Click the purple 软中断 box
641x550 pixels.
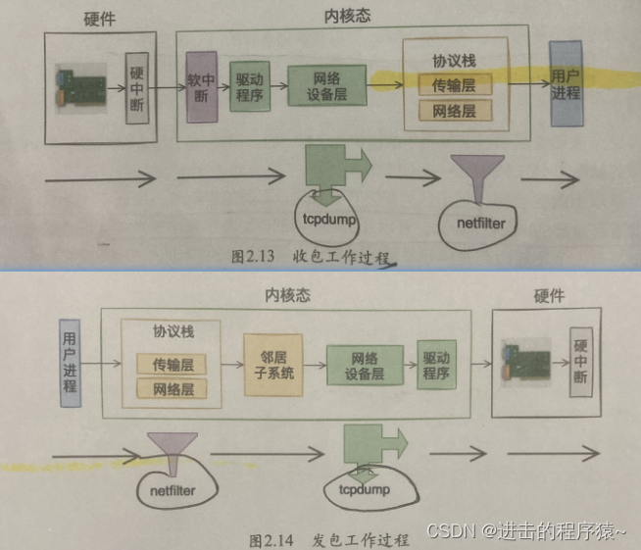[x=201, y=86]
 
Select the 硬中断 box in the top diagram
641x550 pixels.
[x=136, y=88]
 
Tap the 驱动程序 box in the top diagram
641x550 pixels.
[x=249, y=86]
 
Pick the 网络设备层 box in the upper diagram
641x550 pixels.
[x=326, y=85]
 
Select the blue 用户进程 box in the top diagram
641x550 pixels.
[x=566, y=85]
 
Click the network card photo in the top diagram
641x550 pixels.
[x=88, y=87]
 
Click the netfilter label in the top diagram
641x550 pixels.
[x=480, y=224]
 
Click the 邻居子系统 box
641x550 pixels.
[x=269, y=366]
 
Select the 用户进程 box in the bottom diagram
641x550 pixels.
[x=69, y=358]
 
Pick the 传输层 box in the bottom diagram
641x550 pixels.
[x=172, y=365]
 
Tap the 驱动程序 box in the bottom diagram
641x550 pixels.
[x=436, y=364]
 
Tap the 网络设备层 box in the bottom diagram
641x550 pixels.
[x=364, y=365]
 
